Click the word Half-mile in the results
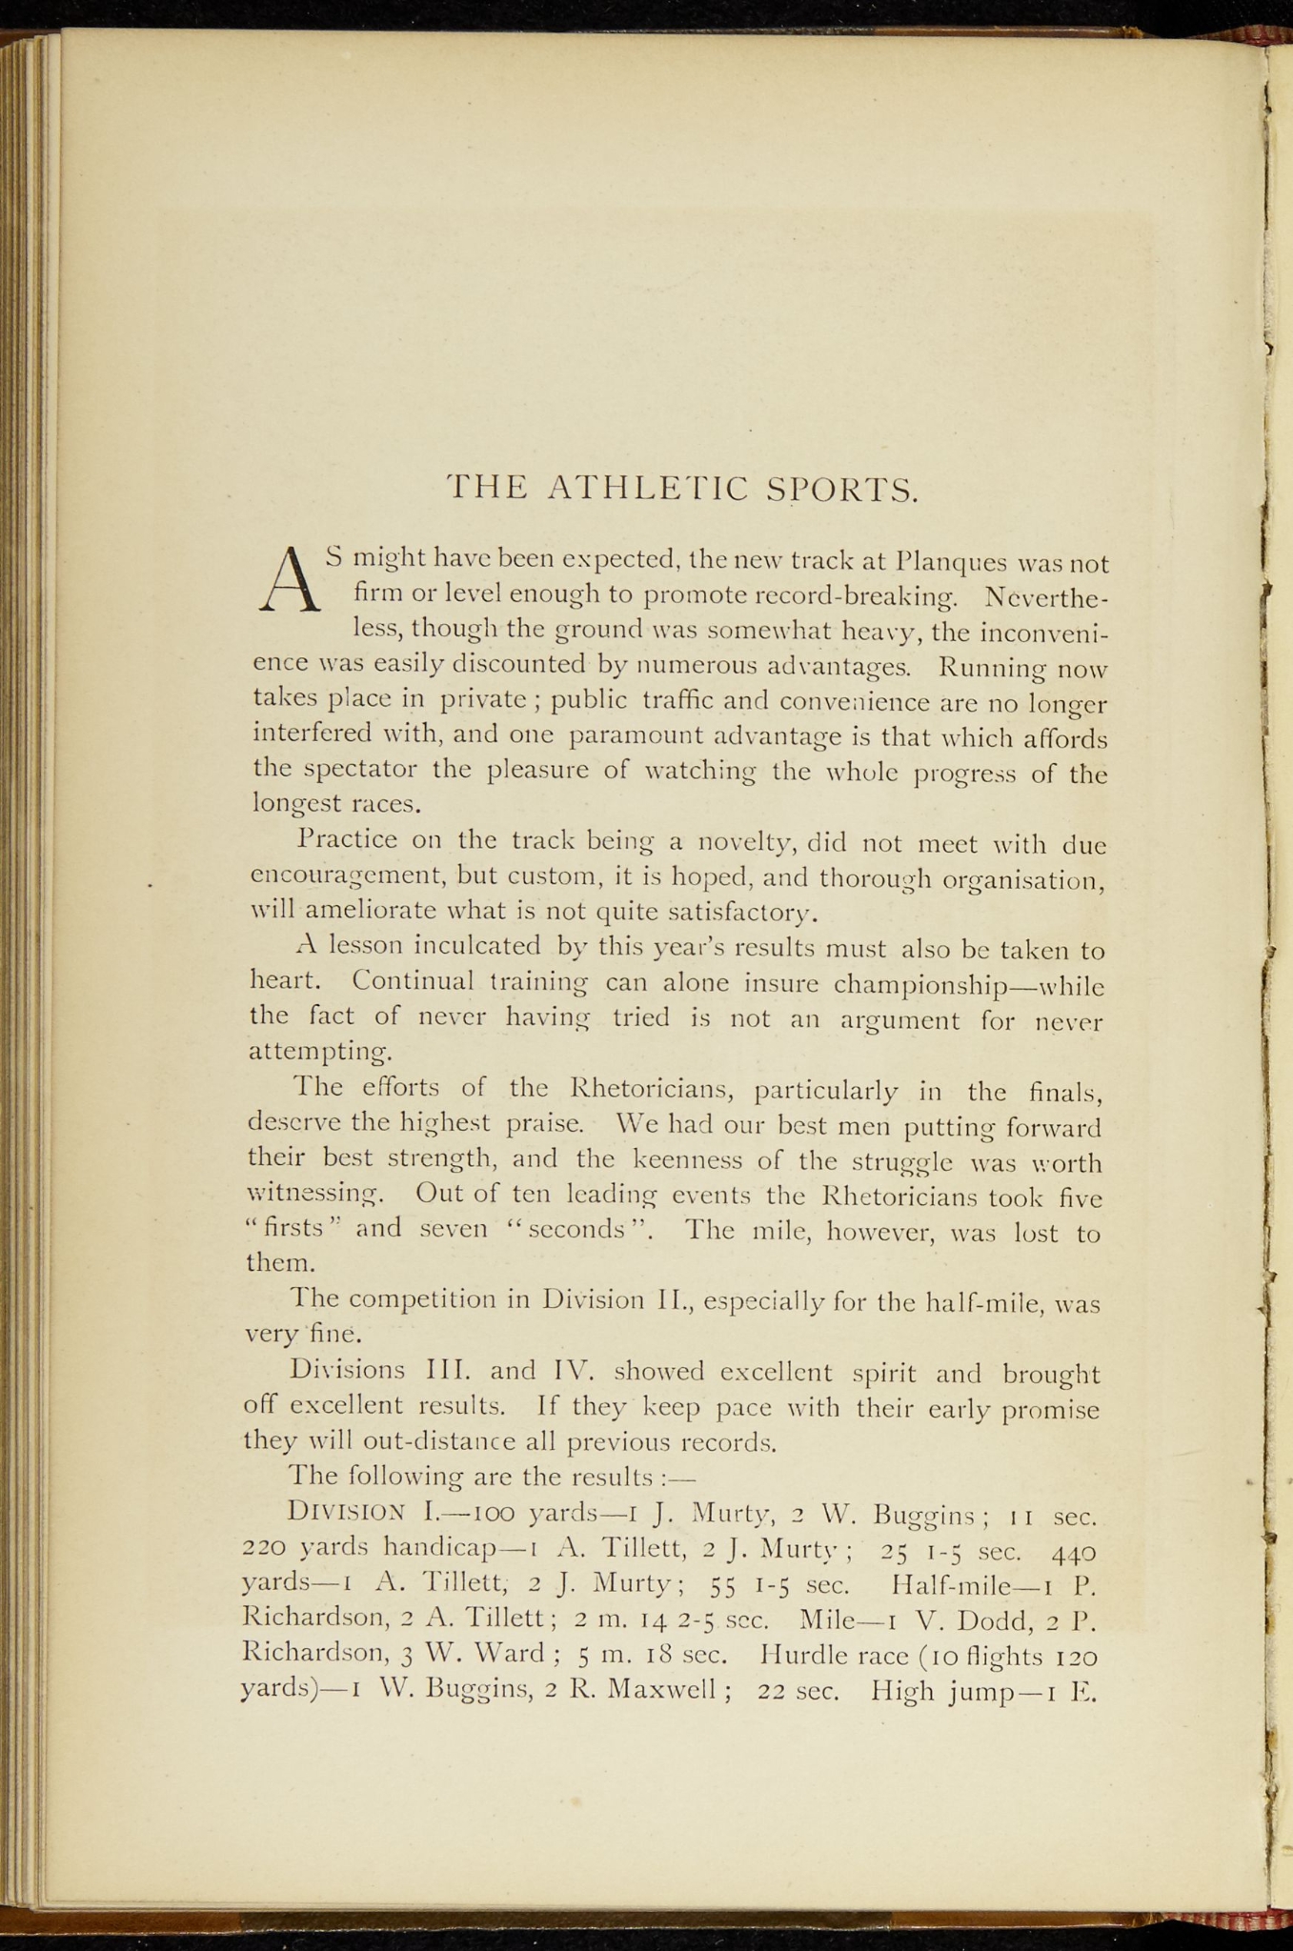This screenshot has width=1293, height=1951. (x=951, y=1584)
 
